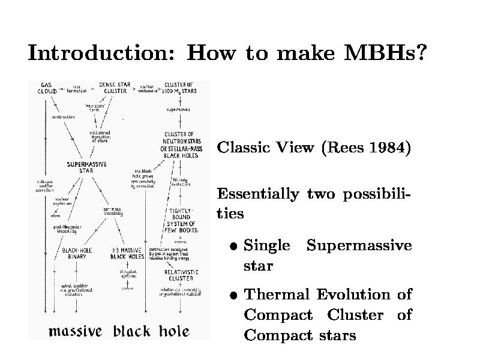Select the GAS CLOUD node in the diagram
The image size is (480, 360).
47,88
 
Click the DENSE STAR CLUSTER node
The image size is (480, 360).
115,88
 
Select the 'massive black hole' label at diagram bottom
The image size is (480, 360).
119,331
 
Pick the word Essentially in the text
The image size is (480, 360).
257,194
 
